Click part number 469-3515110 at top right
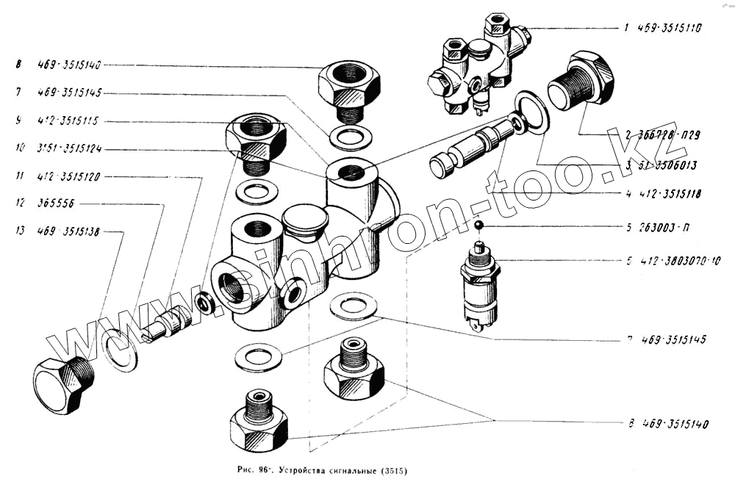668,29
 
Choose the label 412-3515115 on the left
71,120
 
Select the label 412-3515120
71,176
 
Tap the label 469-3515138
71,231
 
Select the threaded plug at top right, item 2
580,82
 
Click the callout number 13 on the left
20,231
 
